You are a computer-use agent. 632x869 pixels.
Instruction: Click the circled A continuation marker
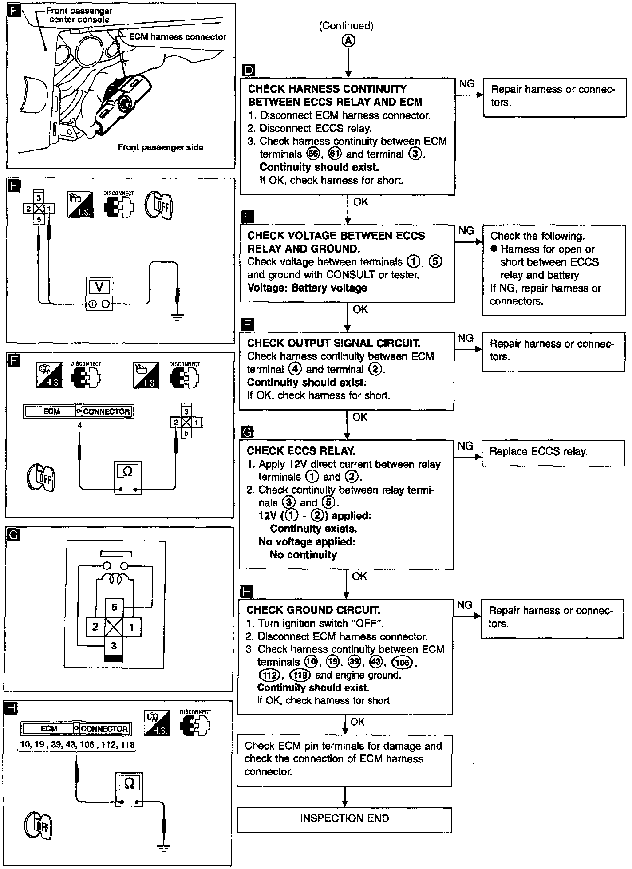coord(348,41)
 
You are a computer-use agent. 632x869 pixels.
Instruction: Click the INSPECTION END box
coord(344,818)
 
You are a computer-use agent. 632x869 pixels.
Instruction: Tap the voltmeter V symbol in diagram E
coord(99,288)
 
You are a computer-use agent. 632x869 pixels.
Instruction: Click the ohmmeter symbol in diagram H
coord(129,785)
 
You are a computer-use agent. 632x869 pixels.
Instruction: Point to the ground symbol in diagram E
coord(177,316)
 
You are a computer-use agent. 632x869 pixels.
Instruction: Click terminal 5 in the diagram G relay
coord(114,607)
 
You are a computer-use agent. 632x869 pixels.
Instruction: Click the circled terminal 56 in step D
coord(313,154)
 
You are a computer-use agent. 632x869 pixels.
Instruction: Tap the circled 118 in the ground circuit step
coord(300,675)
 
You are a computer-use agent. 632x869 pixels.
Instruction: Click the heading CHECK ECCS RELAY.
coord(301,451)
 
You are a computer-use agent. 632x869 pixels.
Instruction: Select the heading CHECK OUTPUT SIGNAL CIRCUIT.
coord(333,343)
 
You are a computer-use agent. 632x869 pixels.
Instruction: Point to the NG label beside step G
coord(465,446)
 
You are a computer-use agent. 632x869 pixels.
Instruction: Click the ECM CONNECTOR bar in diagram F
coord(79,411)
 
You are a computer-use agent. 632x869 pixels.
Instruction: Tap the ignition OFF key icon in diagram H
coord(38,825)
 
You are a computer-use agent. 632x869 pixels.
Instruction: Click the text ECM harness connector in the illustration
coord(178,37)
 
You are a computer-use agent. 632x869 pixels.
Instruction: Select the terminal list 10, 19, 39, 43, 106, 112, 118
coord(77,745)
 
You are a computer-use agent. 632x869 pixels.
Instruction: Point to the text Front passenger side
coord(160,147)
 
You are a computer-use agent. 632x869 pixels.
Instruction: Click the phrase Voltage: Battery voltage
coord(307,288)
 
